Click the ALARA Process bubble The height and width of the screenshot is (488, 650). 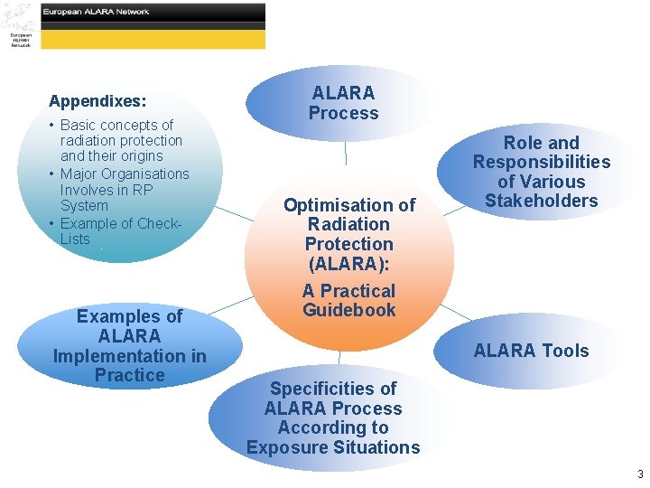click(343, 103)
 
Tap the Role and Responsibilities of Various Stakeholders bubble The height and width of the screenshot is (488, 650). click(542, 172)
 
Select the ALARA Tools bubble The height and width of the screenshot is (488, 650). click(531, 351)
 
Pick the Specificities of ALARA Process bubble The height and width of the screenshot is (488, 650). click(332, 418)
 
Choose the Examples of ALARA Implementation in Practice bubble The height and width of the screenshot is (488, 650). click(130, 345)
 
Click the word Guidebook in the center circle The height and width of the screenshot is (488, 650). click(349, 310)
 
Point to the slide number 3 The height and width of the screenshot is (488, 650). click(640, 474)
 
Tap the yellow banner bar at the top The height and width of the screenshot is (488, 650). click(153, 39)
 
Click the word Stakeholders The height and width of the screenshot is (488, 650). click(542, 201)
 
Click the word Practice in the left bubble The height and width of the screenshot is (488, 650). click(130, 375)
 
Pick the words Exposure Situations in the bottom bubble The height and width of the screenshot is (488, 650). click(333, 447)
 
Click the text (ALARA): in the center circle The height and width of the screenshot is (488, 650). click(349, 264)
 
